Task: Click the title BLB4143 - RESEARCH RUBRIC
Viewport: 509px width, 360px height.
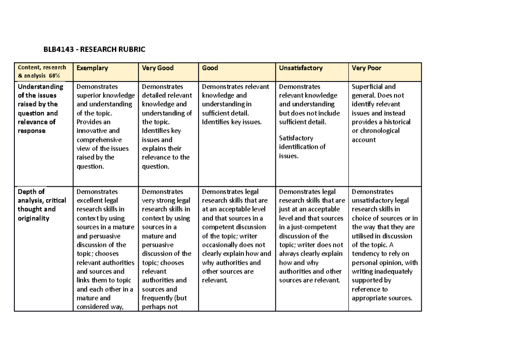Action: pos(94,50)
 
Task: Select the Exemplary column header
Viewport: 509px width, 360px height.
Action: pos(92,68)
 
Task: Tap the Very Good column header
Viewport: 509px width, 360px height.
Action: pos(158,68)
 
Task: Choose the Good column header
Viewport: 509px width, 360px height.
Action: pos(210,68)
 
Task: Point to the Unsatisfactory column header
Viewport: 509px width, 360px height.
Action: pos(301,68)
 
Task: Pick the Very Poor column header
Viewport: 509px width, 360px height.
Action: pos(367,68)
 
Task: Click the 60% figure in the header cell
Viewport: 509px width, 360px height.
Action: pos(54,76)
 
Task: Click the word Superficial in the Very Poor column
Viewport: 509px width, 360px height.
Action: pos(368,87)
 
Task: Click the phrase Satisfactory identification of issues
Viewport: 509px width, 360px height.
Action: pos(302,147)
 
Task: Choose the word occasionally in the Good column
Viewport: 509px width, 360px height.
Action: pos(224,245)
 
